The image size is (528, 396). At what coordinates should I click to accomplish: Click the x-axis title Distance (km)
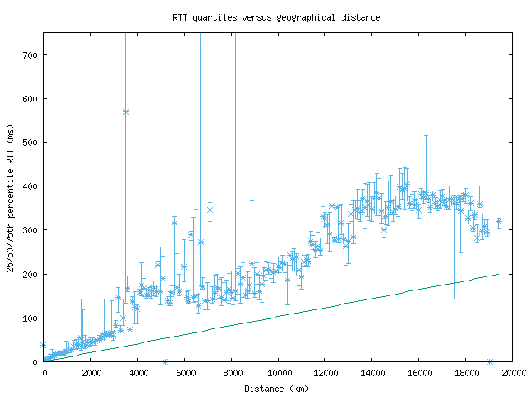[276, 388]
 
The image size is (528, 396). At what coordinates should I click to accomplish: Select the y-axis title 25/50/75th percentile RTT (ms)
[11, 198]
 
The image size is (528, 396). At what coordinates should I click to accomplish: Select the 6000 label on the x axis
[185, 372]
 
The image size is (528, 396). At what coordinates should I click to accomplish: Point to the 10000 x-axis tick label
[278, 372]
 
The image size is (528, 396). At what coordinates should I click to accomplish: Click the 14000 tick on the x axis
[372, 372]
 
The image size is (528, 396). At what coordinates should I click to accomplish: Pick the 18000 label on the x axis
[465, 372]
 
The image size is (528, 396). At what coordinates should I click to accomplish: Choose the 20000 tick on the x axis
[512, 372]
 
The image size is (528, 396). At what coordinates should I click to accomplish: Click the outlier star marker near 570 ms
[125, 111]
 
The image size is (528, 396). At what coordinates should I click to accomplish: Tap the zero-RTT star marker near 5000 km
[165, 361]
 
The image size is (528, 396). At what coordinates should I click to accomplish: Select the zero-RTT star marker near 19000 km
[489, 361]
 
